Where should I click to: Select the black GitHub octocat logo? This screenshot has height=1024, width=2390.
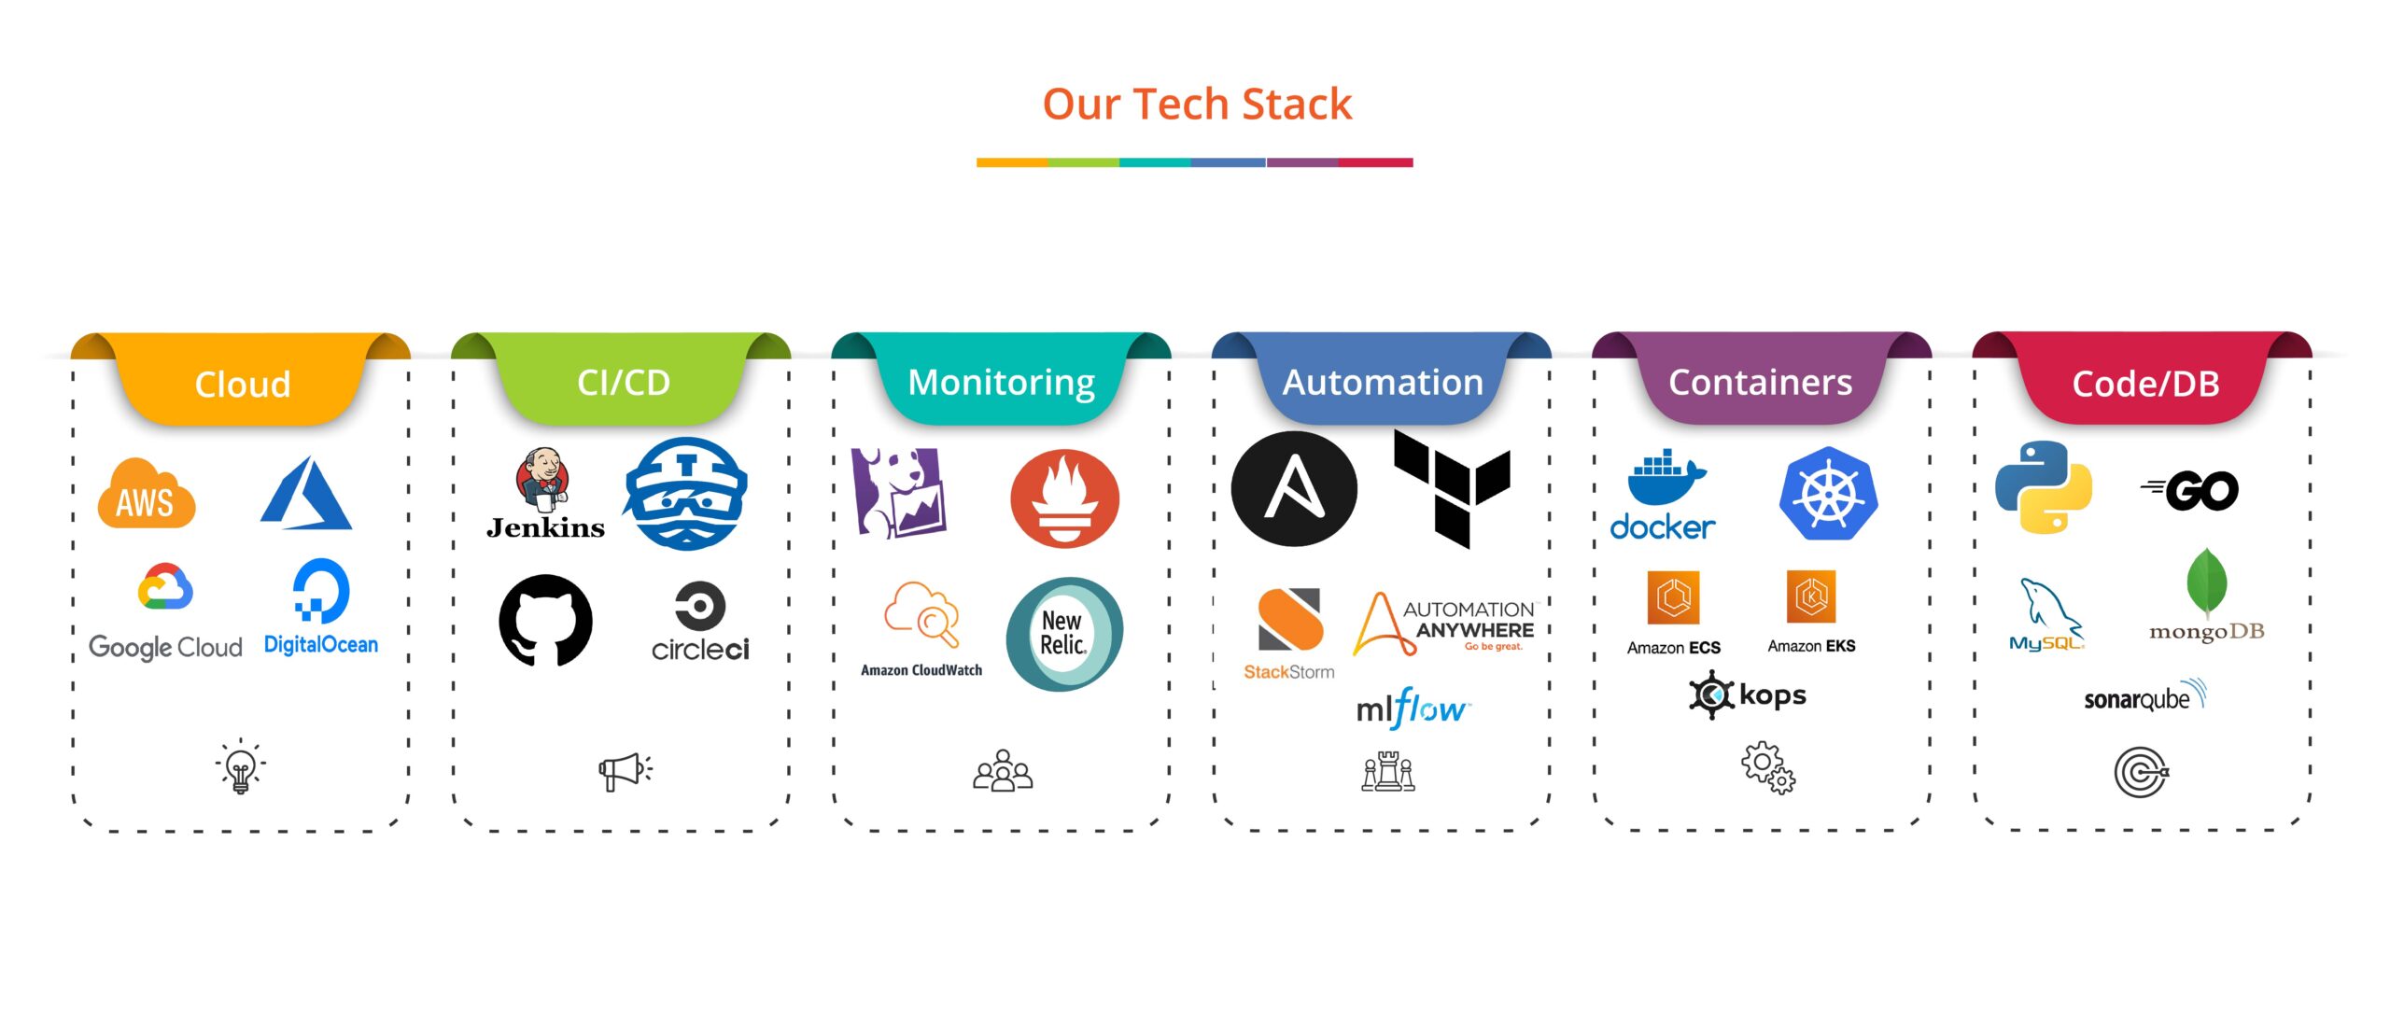click(545, 620)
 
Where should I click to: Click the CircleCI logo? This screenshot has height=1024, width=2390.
click(700, 622)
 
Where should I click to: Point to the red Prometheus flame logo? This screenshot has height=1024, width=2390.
click(1064, 498)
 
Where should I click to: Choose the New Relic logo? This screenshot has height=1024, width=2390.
click(1064, 634)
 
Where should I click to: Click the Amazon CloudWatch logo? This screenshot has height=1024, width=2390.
click(921, 628)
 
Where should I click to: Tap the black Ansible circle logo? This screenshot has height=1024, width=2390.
click(1294, 488)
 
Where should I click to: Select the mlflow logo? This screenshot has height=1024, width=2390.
click(1412, 709)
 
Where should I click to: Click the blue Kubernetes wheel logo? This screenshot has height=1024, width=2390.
click(1828, 493)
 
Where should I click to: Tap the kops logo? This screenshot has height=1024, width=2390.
click(1748, 694)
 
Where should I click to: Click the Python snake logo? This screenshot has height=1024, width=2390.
click(2044, 487)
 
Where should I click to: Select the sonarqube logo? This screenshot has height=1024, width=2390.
click(2144, 696)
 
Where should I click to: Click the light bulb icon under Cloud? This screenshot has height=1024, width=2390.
click(241, 767)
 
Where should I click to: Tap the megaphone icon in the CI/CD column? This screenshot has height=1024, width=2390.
click(626, 771)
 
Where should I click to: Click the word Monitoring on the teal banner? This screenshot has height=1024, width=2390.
click(1001, 383)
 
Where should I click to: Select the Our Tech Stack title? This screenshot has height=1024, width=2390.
click(1197, 104)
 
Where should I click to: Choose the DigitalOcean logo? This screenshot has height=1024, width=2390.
click(321, 608)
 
